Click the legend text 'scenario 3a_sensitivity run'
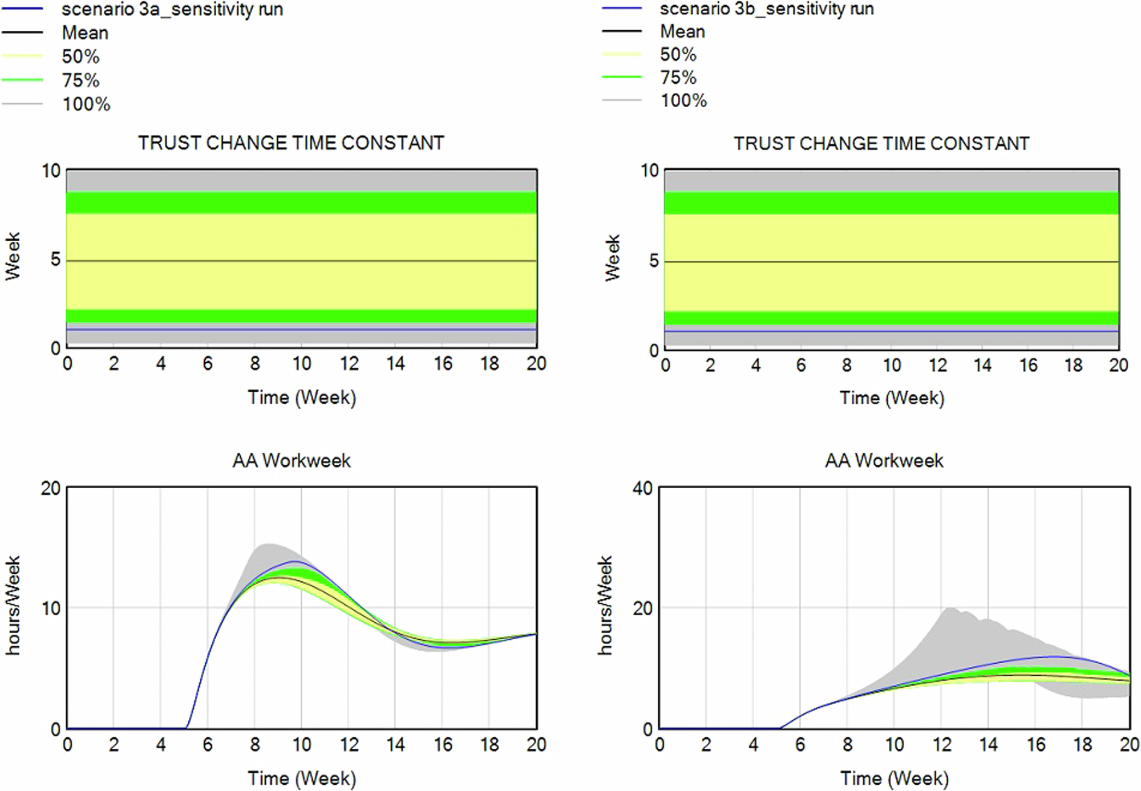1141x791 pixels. (172, 10)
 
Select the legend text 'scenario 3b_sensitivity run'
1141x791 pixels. (766, 9)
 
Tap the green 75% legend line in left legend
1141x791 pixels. (22, 80)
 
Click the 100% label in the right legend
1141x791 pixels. (683, 101)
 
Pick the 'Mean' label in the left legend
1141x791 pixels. (85, 33)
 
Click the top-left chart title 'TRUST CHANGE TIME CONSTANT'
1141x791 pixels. (291, 143)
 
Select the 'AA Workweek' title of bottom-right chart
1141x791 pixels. (884, 460)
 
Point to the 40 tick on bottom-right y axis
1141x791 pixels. (642, 489)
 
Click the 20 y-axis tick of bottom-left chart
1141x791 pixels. (50, 489)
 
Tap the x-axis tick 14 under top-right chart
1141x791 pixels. (982, 366)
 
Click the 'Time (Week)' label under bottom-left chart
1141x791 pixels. (301, 778)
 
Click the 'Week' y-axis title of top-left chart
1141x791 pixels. (13, 256)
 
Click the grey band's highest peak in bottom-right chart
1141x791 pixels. (949, 609)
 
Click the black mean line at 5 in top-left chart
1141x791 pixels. (301, 261)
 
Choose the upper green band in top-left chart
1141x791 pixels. (301, 202)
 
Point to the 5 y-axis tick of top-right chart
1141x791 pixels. (653, 261)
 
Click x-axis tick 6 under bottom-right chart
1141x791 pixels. (800, 744)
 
